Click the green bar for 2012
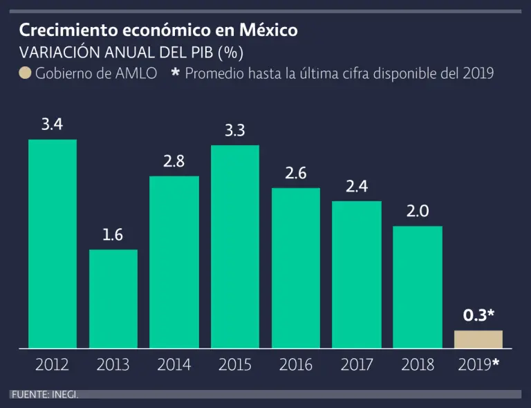(53, 243)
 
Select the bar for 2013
(113, 299)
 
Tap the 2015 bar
(235, 246)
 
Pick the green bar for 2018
(418, 286)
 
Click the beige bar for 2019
(478, 339)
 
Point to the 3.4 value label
(53, 125)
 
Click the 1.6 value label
(113, 235)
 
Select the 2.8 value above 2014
(174, 162)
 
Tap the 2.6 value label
(296, 174)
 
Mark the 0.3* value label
(478, 315)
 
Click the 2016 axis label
(296, 364)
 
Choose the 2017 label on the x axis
(357, 364)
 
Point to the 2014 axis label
(174, 364)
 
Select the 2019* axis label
(478, 364)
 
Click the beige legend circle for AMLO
(25, 73)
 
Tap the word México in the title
(268, 31)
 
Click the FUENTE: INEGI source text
(44, 394)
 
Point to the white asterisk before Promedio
(175, 73)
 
